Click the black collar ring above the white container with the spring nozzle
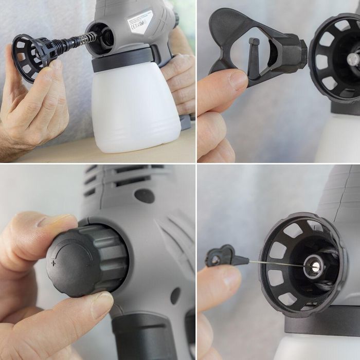tap(123, 61)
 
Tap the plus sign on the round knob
tap(53, 263)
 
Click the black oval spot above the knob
tap(145, 195)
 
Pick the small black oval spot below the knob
tap(175, 295)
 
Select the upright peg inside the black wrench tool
tap(254, 57)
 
